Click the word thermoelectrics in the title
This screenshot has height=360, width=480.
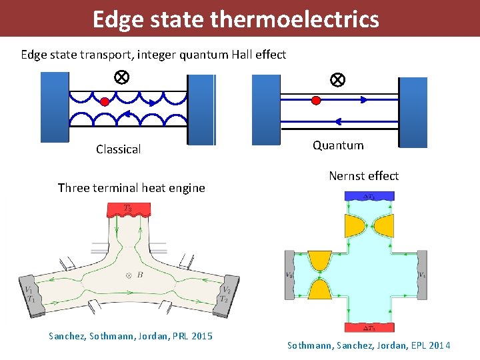[x=294, y=19]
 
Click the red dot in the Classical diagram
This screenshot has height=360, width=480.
[x=105, y=102]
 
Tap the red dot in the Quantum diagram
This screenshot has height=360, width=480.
[x=316, y=100]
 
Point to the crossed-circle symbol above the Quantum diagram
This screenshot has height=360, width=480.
[x=337, y=80]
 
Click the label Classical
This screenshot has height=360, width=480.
[x=118, y=149]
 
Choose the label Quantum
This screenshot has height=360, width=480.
[x=338, y=145]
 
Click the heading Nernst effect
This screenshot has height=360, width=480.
[x=363, y=176]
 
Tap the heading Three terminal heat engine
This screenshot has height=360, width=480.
[x=131, y=188]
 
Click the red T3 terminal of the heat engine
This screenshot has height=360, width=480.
[x=129, y=209]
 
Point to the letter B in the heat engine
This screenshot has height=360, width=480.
[x=139, y=274]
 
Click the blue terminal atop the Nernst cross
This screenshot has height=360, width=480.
[x=369, y=196]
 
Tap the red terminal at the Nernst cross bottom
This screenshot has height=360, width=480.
[x=369, y=327]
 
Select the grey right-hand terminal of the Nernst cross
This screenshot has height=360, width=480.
[x=421, y=275]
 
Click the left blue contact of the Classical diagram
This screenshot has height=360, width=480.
[x=55, y=107]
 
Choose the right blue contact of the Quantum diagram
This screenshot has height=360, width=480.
[x=413, y=112]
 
